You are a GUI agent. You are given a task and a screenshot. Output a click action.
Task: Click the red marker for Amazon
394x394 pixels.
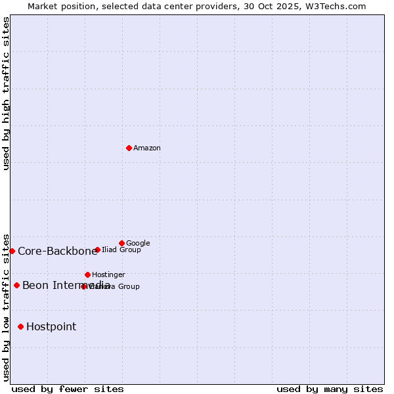click(129, 148)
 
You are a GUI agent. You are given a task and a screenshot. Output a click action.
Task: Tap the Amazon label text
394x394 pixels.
click(147, 148)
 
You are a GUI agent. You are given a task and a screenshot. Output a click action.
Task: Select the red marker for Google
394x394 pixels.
click(121, 243)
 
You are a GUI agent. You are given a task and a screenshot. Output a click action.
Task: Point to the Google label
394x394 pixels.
click(138, 244)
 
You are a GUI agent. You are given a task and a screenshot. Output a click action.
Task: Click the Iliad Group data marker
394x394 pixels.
click(97, 250)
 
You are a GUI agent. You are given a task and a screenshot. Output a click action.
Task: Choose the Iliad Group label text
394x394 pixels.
click(121, 250)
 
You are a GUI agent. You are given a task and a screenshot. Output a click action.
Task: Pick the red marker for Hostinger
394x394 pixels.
click(87, 274)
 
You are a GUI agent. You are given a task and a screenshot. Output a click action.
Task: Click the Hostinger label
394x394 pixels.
click(108, 275)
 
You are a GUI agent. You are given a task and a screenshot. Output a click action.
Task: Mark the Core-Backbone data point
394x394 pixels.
click(12, 251)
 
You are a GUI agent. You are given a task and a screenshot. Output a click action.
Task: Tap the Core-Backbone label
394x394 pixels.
click(57, 252)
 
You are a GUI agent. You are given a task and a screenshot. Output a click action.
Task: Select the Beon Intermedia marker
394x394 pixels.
click(16, 285)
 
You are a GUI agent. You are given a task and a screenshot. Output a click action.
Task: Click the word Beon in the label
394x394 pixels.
click(34, 286)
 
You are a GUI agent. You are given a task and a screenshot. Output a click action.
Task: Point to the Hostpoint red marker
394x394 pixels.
click(20, 326)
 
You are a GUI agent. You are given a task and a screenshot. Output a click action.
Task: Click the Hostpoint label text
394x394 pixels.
click(51, 327)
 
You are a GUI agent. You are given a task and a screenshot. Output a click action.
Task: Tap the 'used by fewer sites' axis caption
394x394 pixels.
click(68, 389)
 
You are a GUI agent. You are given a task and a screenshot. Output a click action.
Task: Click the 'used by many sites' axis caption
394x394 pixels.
click(330, 389)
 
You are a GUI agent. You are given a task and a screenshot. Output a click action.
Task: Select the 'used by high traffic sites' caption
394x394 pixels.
click(6, 93)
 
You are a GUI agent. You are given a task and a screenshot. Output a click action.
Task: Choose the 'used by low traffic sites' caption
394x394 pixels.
click(6, 307)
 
